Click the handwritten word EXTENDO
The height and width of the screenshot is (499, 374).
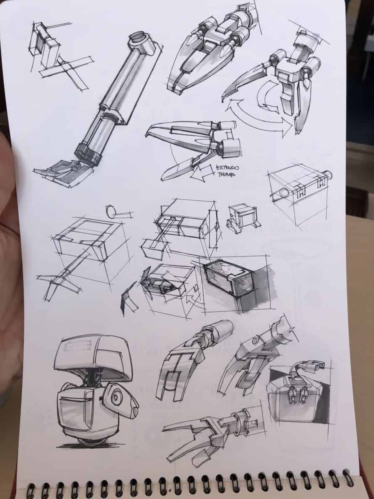(228, 168)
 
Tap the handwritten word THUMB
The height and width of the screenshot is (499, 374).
(226, 175)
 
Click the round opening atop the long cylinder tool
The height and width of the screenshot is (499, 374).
(138, 37)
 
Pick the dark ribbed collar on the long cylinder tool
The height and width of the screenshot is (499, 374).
(88, 154)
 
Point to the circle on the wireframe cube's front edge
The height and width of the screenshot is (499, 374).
(284, 193)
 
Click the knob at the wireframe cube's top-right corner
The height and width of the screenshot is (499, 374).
(329, 175)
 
